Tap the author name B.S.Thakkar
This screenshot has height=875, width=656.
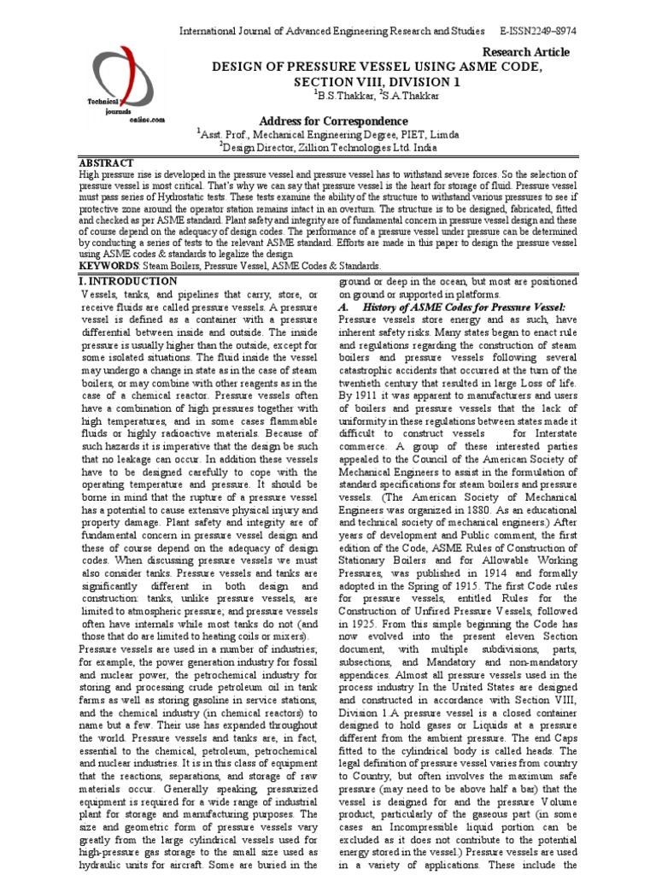tap(348, 96)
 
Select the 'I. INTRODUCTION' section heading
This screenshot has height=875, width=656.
tap(128, 280)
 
